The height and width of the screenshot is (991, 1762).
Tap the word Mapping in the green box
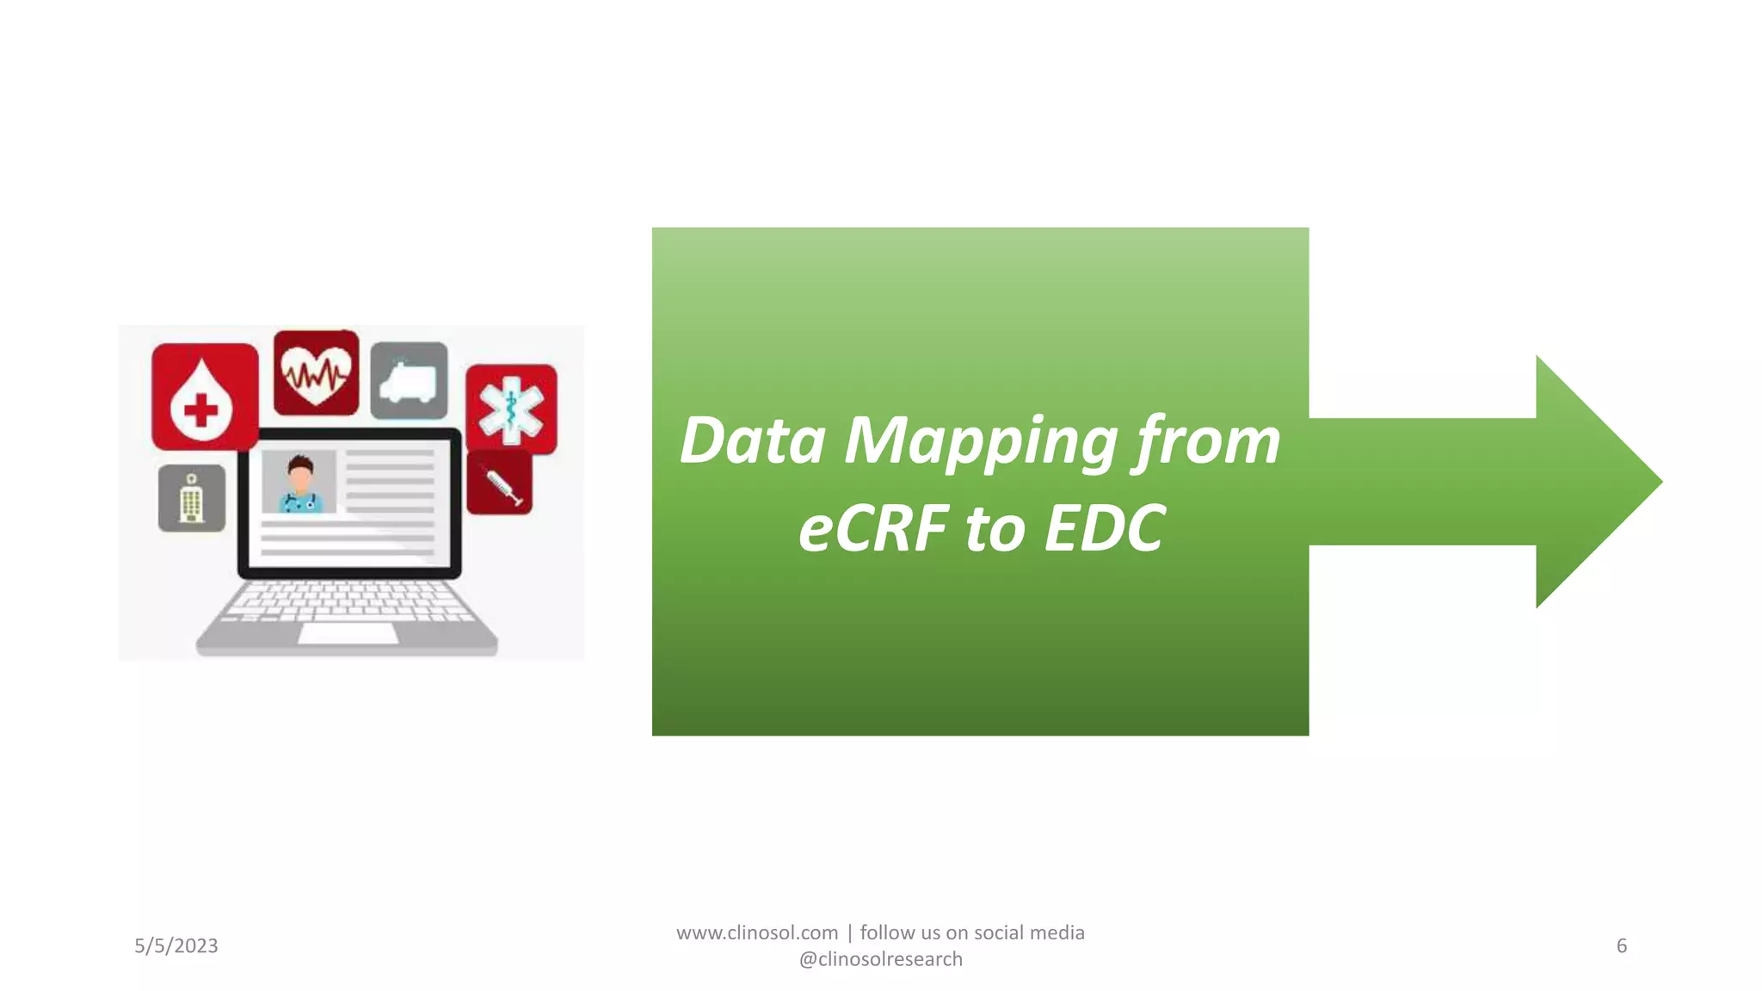980,441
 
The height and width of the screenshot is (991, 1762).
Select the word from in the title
1208,441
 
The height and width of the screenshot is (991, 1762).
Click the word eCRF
872,529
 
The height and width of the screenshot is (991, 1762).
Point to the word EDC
1104,529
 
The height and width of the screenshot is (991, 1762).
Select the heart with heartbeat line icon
316,372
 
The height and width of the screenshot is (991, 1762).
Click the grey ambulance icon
409,380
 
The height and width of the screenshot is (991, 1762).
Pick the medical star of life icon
511,409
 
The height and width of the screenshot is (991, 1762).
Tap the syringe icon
500,483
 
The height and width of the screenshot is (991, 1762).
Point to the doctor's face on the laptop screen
299,476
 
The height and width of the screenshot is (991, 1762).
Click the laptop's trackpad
348,633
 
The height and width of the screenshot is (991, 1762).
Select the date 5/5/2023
176,946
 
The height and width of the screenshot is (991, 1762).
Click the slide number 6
1622,946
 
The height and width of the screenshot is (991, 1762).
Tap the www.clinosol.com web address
757,933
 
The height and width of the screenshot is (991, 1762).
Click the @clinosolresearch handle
881,959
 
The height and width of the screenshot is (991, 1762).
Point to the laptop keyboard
348,600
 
